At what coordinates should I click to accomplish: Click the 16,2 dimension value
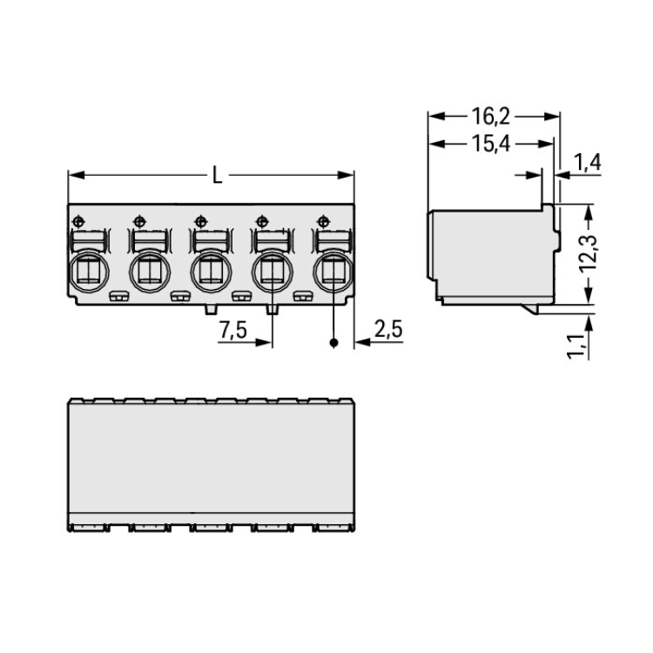coord(490,117)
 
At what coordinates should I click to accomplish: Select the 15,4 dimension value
coord(490,144)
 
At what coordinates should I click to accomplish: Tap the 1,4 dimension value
coord(587,163)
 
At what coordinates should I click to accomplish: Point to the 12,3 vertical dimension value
coord(588,253)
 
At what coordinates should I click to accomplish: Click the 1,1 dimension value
coord(576,346)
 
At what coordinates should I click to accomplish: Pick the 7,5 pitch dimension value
coord(232,330)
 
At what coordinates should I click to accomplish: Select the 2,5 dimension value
coord(388,329)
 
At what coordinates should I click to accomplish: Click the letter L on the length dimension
coord(217,175)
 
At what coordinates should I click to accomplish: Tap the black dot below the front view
coord(333,343)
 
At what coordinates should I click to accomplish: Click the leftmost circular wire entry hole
coord(89,271)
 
